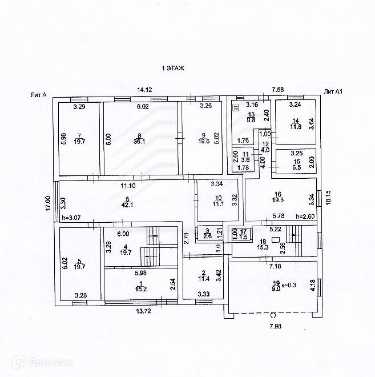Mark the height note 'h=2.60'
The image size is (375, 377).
click(305, 216)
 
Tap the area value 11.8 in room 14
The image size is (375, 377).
click(295, 127)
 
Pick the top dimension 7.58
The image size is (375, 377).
click(278, 90)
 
